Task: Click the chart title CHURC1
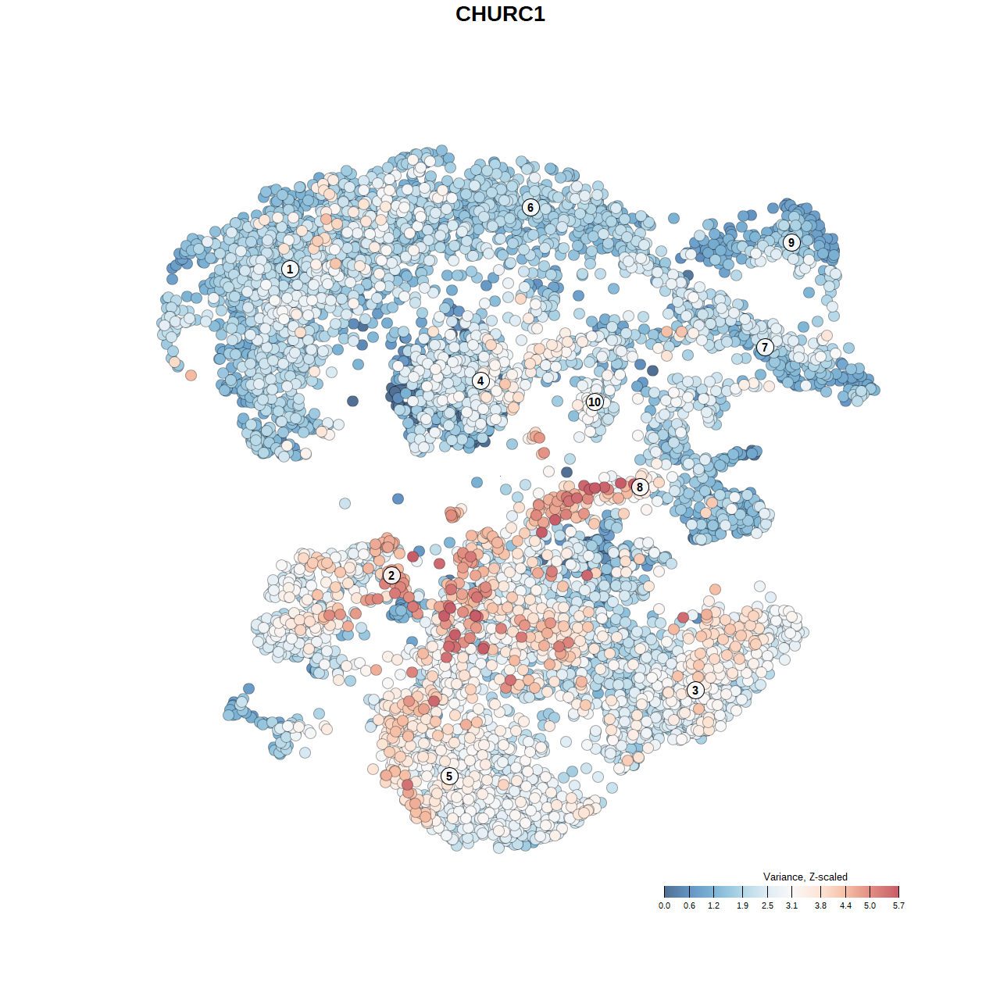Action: tap(500, 14)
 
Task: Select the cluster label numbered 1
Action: tap(290, 269)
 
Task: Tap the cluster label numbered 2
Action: tap(391, 576)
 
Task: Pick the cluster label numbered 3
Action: tap(695, 690)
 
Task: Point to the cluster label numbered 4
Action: tap(480, 380)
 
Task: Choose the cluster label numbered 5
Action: tap(448, 776)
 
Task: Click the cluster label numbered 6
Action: tap(530, 207)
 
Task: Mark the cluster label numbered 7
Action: tap(765, 347)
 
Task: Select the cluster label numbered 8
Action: tap(640, 487)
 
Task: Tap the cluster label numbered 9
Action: tap(791, 242)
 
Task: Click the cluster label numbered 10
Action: tap(595, 402)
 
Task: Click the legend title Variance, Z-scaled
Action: tap(805, 877)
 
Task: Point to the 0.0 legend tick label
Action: tap(664, 905)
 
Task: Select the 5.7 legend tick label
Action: tap(898, 905)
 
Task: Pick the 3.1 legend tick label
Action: tap(791, 905)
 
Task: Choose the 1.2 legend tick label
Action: tap(713, 905)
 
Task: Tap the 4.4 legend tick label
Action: tap(845, 905)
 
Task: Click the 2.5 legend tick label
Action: tap(767, 905)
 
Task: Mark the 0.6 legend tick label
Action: tap(689, 905)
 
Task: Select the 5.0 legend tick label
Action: tap(870, 905)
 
